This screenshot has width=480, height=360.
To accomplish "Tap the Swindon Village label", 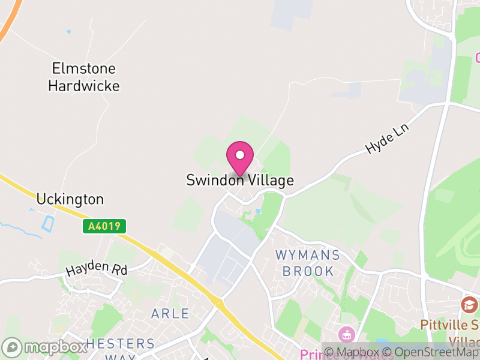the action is click(240, 180).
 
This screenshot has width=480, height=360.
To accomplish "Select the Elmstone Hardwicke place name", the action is click(83, 77).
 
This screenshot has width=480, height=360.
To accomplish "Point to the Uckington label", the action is click(70, 199).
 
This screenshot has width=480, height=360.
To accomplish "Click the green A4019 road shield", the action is click(104, 226).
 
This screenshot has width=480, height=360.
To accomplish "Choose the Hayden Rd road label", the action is click(97, 270).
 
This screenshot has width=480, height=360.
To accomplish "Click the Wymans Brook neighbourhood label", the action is click(308, 263).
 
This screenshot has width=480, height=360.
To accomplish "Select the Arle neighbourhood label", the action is click(170, 313).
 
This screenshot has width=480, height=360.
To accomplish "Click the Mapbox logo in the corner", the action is click(45, 347).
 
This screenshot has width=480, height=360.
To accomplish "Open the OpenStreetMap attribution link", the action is click(433, 352).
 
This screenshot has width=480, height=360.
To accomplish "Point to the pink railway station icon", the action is click(347, 334).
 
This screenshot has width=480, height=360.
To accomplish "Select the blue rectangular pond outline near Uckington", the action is click(47, 224).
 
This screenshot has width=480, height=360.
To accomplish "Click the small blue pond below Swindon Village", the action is click(258, 211).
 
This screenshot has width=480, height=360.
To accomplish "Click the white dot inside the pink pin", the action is click(240, 155).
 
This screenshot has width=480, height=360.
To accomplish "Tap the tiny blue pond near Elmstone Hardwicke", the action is click(68, 31).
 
